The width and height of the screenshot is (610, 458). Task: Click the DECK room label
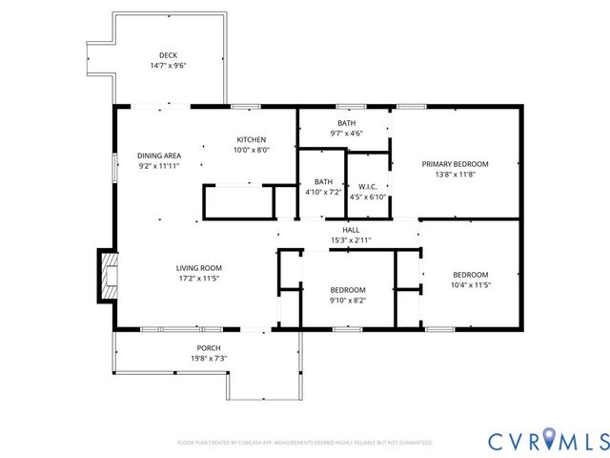(168, 54)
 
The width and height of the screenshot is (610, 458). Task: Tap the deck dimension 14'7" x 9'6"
(168, 66)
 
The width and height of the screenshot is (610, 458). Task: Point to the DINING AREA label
(159, 156)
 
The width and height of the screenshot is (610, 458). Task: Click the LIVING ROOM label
(198, 268)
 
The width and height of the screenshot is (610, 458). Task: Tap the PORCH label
(209, 347)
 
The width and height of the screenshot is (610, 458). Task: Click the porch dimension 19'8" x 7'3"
(209, 359)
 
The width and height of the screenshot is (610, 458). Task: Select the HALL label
(351, 229)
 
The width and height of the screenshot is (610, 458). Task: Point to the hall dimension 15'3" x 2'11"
(351, 240)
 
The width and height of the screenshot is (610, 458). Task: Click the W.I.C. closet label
(367, 186)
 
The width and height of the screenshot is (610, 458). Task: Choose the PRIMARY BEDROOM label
(455, 163)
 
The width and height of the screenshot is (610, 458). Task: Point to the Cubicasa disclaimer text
(305, 443)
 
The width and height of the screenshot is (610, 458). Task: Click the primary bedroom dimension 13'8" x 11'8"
(455, 175)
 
